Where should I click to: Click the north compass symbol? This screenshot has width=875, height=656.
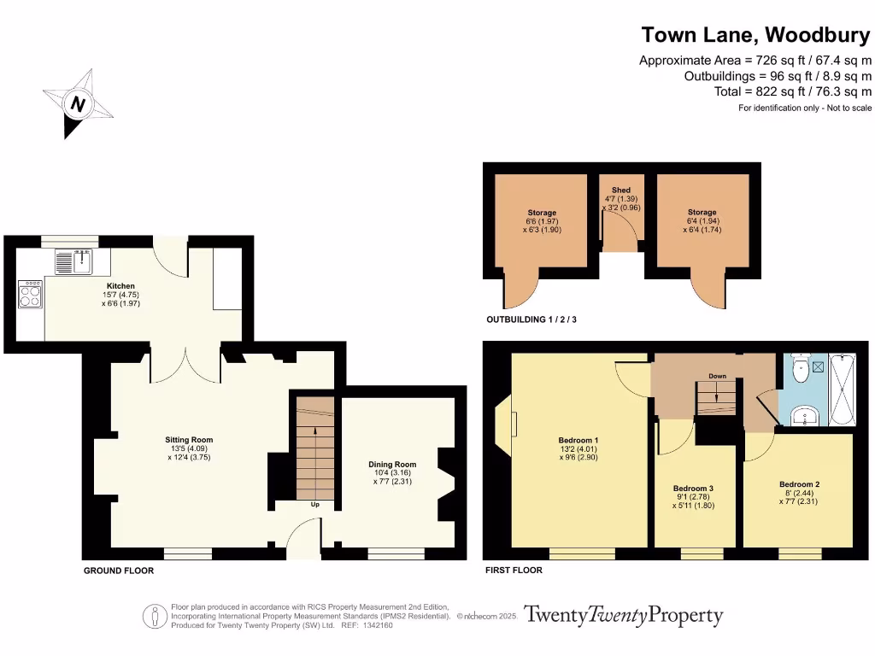[x=79, y=104]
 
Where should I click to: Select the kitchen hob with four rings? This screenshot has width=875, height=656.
[x=31, y=295]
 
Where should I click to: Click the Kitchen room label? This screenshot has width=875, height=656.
[x=120, y=285]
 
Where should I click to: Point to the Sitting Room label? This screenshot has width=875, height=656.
[x=188, y=440]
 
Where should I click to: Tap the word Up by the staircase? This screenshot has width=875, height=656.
[x=315, y=505]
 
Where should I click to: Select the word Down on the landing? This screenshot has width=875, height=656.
[x=718, y=375]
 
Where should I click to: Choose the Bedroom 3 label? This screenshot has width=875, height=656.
[x=693, y=488]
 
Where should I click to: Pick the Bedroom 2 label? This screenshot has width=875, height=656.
[x=799, y=484]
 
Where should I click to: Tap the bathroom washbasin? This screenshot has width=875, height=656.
[x=804, y=415]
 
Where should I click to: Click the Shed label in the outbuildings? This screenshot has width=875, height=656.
[x=621, y=190]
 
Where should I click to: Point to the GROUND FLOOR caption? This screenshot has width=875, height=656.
[x=119, y=571]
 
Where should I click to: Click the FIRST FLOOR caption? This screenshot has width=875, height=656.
[x=514, y=571]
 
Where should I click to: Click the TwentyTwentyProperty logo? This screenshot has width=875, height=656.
[x=623, y=615]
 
